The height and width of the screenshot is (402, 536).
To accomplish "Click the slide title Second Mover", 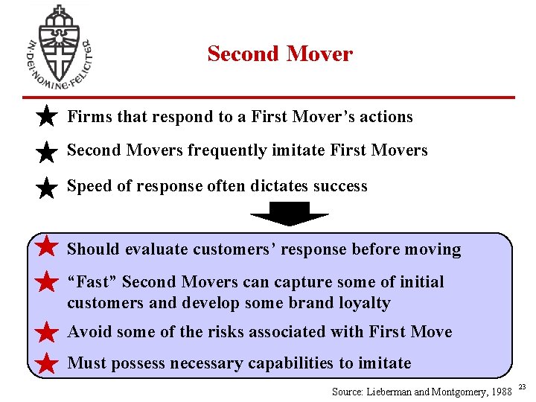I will [x=280, y=54].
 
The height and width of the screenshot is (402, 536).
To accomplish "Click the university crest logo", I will [x=58, y=47].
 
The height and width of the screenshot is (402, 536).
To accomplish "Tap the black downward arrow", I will [x=290, y=214].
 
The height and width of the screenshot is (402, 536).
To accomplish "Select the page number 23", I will [x=522, y=386].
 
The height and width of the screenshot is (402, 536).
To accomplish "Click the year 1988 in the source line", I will [x=498, y=391].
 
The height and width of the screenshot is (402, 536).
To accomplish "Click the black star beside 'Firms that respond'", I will [x=46, y=116].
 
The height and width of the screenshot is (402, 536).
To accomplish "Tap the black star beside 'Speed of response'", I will [x=46, y=187].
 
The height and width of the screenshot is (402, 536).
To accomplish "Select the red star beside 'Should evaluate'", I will [x=46, y=246].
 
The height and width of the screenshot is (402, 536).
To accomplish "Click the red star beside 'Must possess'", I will [x=46, y=363].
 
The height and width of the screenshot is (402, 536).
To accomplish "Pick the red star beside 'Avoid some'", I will [x=46, y=332].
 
